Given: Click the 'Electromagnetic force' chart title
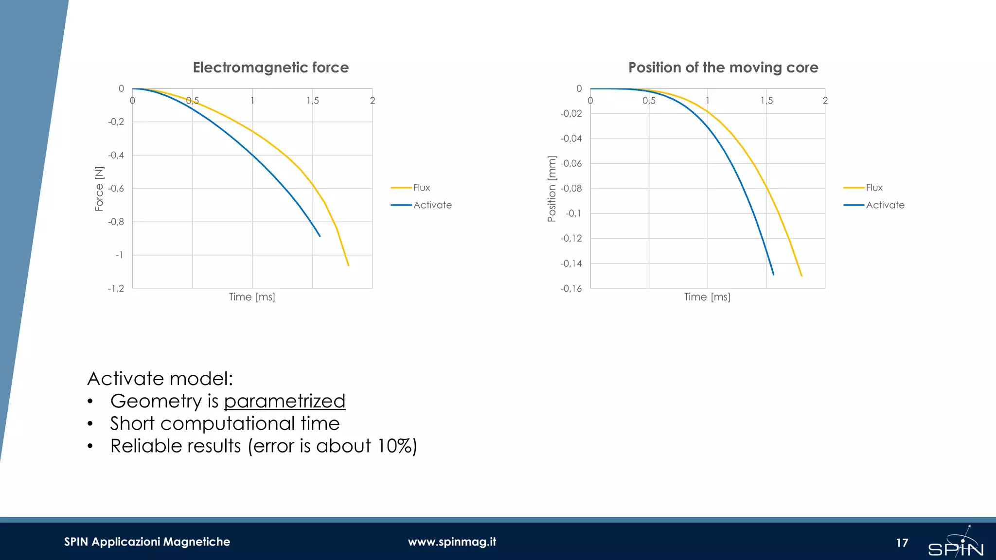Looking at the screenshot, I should pyautogui.click(x=270, y=68).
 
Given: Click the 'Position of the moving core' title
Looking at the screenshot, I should pyautogui.click(x=723, y=68).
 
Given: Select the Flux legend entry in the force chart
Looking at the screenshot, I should pyautogui.click(x=421, y=188).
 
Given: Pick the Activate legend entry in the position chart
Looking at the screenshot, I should pyautogui.click(x=885, y=205).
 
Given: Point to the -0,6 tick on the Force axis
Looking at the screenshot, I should pyautogui.click(x=116, y=189).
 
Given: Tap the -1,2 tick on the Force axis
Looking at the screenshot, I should pyautogui.click(x=116, y=288).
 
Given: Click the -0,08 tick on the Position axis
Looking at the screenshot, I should pyautogui.click(x=571, y=189).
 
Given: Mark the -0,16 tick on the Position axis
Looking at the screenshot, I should pyautogui.click(x=571, y=288).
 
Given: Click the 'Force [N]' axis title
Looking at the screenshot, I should pyautogui.click(x=99, y=189).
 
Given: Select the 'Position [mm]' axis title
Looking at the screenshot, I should pyautogui.click(x=551, y=189).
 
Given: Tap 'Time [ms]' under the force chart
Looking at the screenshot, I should pyautogui.click(x=252, y=297).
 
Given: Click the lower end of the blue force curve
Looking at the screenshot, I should pyautogui.click(x=320, y=236).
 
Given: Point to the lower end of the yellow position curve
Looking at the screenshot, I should pyautogui.click(x=801, y=276).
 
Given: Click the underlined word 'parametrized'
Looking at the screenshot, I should pyautogui.click(x=285, y=402).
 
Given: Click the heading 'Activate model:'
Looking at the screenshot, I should pyautogui.click(x=160, y=379).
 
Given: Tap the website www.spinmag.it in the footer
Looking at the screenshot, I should pyautogui.click(x=452, y=542).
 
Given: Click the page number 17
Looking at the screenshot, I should pyautogui.click(x=902, y=543).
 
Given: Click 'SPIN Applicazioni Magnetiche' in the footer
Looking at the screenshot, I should pyautogui.click(x=147, y=542).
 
